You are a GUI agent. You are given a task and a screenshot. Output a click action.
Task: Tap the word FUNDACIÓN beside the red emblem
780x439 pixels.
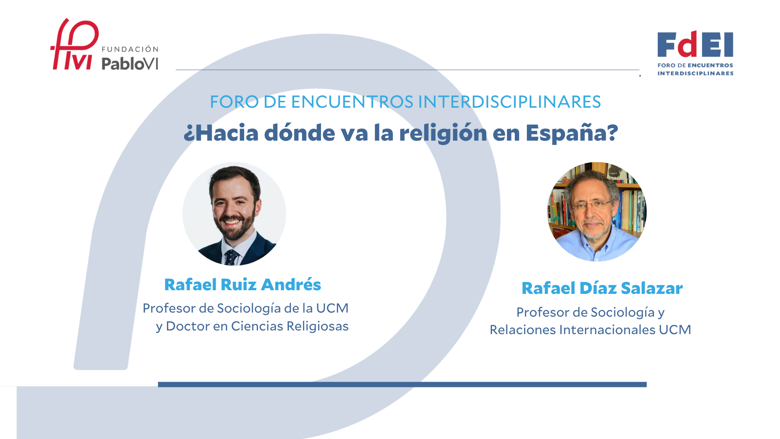130,49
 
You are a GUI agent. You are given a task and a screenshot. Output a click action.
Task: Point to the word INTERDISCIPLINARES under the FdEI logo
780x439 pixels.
695,74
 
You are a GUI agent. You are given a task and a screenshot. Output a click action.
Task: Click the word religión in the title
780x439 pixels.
443,133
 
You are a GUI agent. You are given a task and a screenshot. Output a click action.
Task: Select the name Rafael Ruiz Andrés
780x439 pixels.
243,285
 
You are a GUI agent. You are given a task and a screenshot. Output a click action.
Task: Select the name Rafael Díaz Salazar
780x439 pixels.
602,289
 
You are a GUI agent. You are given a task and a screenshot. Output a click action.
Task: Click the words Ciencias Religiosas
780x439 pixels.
290,326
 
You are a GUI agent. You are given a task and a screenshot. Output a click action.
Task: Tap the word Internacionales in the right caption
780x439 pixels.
607,330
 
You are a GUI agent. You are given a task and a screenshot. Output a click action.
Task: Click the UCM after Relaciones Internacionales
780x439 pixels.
675,330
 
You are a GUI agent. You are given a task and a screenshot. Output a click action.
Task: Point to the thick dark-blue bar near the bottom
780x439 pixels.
402,385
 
